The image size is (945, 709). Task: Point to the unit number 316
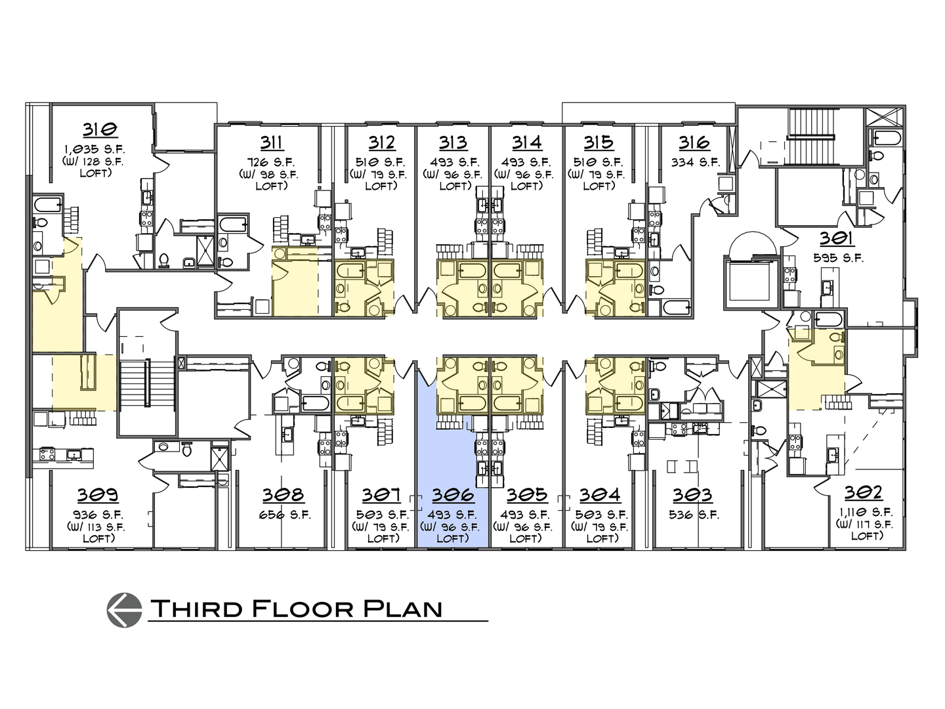694,142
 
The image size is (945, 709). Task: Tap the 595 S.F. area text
835,258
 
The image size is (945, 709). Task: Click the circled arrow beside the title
124,609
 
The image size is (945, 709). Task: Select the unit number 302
864,493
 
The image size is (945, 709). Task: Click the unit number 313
453,142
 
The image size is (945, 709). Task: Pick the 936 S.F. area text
97,515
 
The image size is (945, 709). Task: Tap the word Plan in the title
401,609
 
